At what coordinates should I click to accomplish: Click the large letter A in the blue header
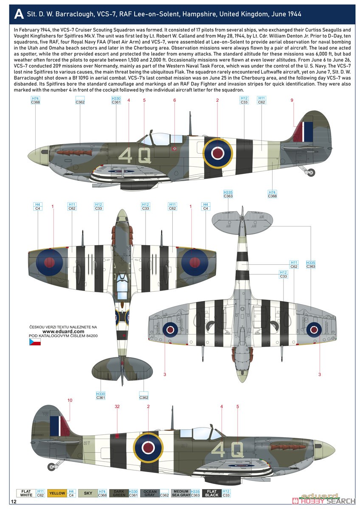pyautogui.click(x=19, y=14)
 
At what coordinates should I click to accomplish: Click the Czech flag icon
pyautogui.click(x=35, y=341)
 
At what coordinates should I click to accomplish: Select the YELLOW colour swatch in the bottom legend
pyautogui.click(x=57, y=493)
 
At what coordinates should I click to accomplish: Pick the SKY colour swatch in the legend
pyautogui.click(x=88, y=493)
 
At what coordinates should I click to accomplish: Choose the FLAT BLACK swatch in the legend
pyautogui.click(x=212, y=493)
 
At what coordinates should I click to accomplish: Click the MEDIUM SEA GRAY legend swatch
pyautogui.click(x=181, y=493)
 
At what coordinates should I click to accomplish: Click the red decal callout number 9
pyautogui.click(x=292, y=100)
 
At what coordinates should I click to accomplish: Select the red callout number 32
pyautogui.click(x=117, y=406)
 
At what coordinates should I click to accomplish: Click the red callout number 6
pyautogui.click(x=174, y=100)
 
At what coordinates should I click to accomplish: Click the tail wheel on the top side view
pyautogui.click(x=311, y=172)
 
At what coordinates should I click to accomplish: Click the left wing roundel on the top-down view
pyautogui.click(x=49, y=262)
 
